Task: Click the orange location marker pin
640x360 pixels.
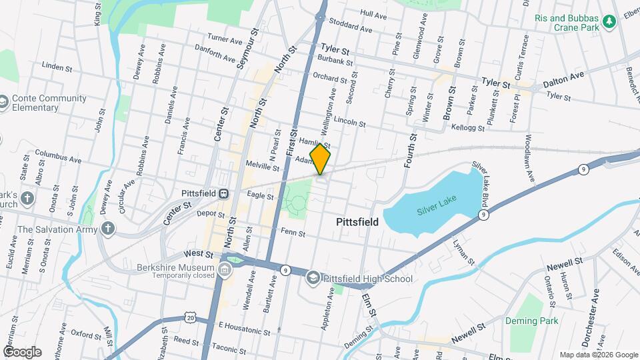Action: tap(321, 159)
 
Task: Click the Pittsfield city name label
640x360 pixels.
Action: tap(357, 222)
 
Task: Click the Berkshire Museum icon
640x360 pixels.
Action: tap(225, 269)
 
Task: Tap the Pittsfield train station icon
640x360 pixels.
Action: tap(224, 193)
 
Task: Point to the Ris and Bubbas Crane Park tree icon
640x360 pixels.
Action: tap(609, 23)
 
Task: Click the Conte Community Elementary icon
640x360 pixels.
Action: tap(3, 103)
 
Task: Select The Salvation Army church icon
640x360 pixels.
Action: tap(109, 229)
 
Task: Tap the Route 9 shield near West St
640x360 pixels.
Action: tap(285, 270)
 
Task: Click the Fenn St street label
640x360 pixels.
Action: tap(293, 233)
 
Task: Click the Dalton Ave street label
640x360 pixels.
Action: tap(563, 80)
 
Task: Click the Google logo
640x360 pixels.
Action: tap(22, 351)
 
